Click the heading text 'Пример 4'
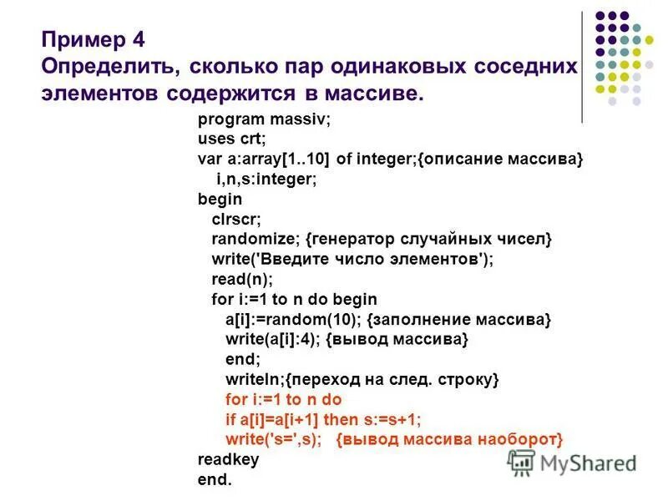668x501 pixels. click(x=97, y=39)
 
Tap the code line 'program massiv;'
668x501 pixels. click(x=264, y=119)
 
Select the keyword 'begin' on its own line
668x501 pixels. click(x=220, y=199)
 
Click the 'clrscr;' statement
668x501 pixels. click(x=236, y=219)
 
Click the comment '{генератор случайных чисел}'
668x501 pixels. click(x=423, y=239)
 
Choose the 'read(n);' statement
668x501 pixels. click(x=242, y=279)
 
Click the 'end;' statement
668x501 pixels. click(x=243, y=359)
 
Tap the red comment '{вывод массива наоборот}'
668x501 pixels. click(x=451, y=439)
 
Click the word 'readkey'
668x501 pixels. click(x=228, y=459)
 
